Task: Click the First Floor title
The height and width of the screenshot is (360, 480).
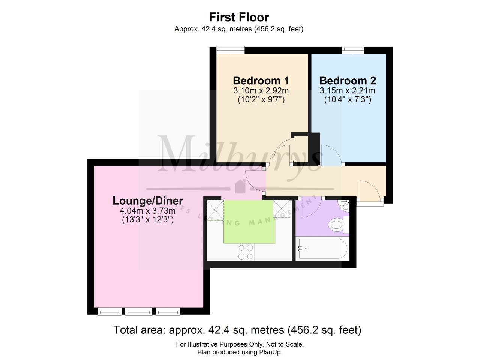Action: click(x=239, y=17)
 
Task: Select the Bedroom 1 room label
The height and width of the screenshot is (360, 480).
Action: click(x=261, y=81)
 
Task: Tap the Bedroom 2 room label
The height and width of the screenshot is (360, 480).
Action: click(x=348, y=81)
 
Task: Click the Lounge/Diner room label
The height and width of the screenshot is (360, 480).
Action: click(x=148, y=201)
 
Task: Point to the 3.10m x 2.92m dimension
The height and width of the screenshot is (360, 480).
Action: click(x=261, y=90)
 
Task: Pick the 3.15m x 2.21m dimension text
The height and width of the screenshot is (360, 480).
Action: click(x=347, y=90)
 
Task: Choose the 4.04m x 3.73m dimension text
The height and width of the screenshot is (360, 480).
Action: click(x=148, y=211)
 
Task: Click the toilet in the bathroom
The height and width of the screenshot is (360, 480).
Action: click(x=336, y=226)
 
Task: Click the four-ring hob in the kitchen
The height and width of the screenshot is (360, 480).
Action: click(x=246, y=252)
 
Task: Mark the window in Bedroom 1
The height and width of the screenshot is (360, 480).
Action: click(x=231, y=49)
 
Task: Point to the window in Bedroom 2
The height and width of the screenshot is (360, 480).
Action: click(x=352, y=49)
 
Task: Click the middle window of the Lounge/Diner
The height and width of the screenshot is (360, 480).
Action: click(x=139, y=311)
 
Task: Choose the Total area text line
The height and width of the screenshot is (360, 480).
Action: click(x=237, y=330)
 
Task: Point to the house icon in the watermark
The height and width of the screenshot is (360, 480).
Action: click(x=239, y=185)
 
